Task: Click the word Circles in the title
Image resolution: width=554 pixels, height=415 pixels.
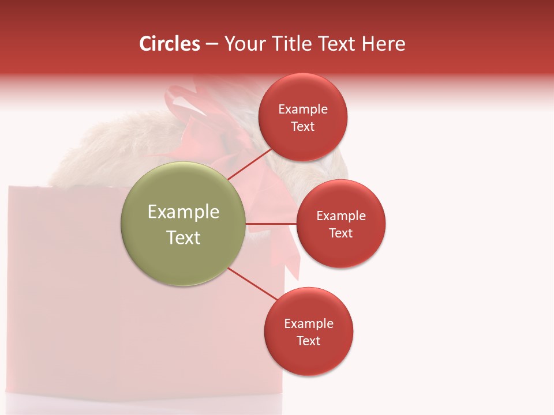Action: click(169, 44)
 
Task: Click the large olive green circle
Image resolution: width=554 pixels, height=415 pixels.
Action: click(183, 224)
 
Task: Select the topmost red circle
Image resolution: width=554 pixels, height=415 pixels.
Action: click(303, 118)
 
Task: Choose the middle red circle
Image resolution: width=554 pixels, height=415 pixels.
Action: click(340, 224)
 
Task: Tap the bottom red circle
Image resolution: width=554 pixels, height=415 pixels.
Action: click(308, 331)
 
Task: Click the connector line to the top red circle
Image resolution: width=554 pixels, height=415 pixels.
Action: click(249, 164)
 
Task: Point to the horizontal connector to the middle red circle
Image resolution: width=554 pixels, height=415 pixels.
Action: click(271, 224)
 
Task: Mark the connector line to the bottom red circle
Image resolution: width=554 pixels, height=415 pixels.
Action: click(252, 284)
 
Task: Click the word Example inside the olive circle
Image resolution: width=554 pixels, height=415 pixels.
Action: click(183, 212)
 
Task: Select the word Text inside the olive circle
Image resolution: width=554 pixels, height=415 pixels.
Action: click(183, 237)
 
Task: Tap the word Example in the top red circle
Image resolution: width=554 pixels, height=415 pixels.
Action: click(303, 109)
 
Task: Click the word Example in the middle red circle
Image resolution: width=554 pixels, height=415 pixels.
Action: click(340, 216)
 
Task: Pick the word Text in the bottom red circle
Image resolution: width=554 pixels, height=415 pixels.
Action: click(308, 341)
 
